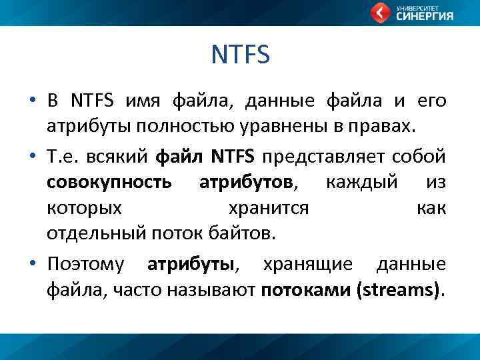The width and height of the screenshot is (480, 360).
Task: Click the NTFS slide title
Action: coord(240,55)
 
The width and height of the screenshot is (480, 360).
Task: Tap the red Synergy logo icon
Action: coord(381,12)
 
